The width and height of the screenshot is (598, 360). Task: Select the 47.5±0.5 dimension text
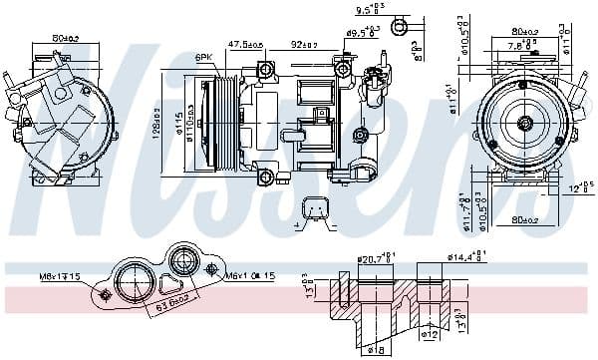tap(244, 45)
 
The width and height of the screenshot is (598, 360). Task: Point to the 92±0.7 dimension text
tap(305, 45)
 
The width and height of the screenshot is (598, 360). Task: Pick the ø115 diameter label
tap(178, 121)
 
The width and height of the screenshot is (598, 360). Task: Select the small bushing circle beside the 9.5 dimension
tap(401, 23)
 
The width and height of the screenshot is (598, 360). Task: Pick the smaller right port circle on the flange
tap(184, 264)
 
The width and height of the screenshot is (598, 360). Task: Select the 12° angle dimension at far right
tap(577, 185)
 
